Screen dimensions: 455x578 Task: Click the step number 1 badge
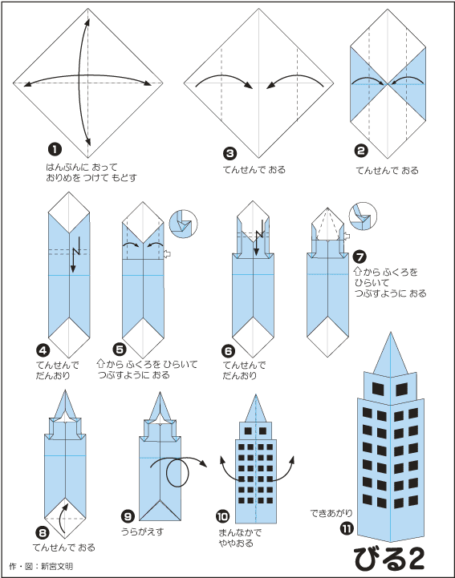55,149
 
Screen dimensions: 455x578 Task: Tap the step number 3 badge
230,153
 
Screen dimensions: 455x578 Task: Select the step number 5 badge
120,349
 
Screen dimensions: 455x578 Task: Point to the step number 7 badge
360,257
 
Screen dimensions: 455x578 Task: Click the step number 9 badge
128,516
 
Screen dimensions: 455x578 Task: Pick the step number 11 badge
347,529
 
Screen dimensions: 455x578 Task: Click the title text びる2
389,559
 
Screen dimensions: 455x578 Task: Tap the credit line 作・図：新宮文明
41,566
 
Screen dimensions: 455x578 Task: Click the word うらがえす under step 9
142,532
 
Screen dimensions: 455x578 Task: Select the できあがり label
331,513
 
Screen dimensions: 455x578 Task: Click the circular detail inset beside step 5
184,224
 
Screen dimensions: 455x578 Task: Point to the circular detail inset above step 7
363,216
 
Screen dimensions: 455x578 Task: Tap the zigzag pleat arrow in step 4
76,253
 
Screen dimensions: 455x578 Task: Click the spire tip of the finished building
391,332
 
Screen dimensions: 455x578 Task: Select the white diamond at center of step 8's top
65,417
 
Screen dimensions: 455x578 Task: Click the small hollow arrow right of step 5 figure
167,253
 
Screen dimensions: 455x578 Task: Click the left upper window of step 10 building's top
248,430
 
